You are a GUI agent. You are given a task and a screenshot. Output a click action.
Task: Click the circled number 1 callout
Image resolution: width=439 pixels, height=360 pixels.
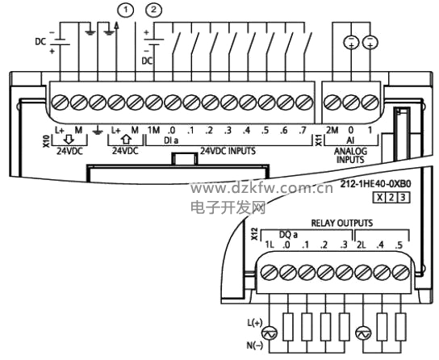click(125, 10)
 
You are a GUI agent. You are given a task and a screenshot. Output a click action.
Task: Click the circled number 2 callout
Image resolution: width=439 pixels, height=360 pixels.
click(153, 10)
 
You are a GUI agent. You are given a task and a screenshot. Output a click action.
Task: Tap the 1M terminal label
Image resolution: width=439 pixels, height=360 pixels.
click(153, 130)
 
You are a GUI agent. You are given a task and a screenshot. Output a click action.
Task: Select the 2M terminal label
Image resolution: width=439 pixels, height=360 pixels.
click(332, 130)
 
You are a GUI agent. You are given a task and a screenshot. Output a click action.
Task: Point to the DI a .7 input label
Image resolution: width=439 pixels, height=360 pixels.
click(303, 131)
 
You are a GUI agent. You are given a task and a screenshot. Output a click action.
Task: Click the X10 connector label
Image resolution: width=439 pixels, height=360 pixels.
click(46, 141)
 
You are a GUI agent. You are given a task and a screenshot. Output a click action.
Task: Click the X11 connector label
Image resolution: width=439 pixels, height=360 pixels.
click(319, 141)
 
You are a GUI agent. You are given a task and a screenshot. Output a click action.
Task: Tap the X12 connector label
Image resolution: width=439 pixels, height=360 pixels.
click(254, 234)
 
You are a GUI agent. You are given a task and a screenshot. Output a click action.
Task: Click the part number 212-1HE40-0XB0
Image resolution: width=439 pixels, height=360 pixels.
click(375, 184)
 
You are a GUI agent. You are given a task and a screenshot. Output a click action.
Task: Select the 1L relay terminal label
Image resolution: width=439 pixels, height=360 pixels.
click(270, 245)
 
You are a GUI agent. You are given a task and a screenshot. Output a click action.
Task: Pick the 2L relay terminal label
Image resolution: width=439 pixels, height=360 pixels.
click(362, 245)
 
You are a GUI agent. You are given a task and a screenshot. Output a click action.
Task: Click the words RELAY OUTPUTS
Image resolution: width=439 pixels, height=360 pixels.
click(342, 223)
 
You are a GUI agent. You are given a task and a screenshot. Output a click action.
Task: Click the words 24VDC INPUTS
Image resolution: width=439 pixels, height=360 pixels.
click(228, 151)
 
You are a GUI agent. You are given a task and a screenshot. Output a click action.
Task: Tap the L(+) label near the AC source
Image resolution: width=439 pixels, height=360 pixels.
click(254, 323)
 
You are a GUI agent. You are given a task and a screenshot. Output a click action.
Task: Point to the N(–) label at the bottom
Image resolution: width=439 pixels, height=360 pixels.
click(254, 345)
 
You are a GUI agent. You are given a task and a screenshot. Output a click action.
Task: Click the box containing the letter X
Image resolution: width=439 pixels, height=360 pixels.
click(379, 198)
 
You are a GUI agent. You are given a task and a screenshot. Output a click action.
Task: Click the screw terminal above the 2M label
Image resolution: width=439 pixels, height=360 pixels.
click(332, 103)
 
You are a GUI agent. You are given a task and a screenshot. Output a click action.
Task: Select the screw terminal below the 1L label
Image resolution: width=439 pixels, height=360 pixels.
click(270, 272)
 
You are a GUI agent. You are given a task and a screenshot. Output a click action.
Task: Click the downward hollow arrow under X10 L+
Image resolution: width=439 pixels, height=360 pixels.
click(69, 139)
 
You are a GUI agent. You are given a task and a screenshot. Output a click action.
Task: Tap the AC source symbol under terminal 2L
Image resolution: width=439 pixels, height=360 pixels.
click(363, 333)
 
